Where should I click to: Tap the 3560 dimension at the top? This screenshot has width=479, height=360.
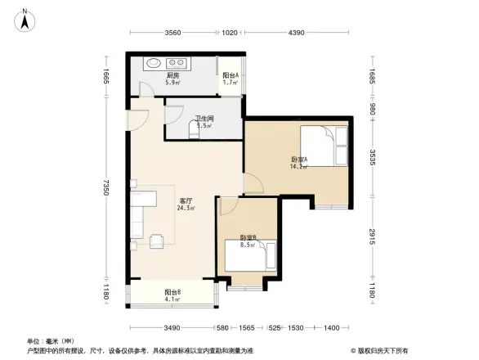pos(172,33)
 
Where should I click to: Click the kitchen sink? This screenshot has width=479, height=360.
pos(152,63)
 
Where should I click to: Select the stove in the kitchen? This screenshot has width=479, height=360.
pos(177,63)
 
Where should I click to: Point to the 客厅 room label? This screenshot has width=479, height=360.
pos(186,200)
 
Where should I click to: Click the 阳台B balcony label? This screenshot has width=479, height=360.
pos(172,291)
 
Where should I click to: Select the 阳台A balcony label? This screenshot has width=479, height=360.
pos(231,76)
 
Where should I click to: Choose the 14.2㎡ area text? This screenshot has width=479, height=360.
pos(298,166)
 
